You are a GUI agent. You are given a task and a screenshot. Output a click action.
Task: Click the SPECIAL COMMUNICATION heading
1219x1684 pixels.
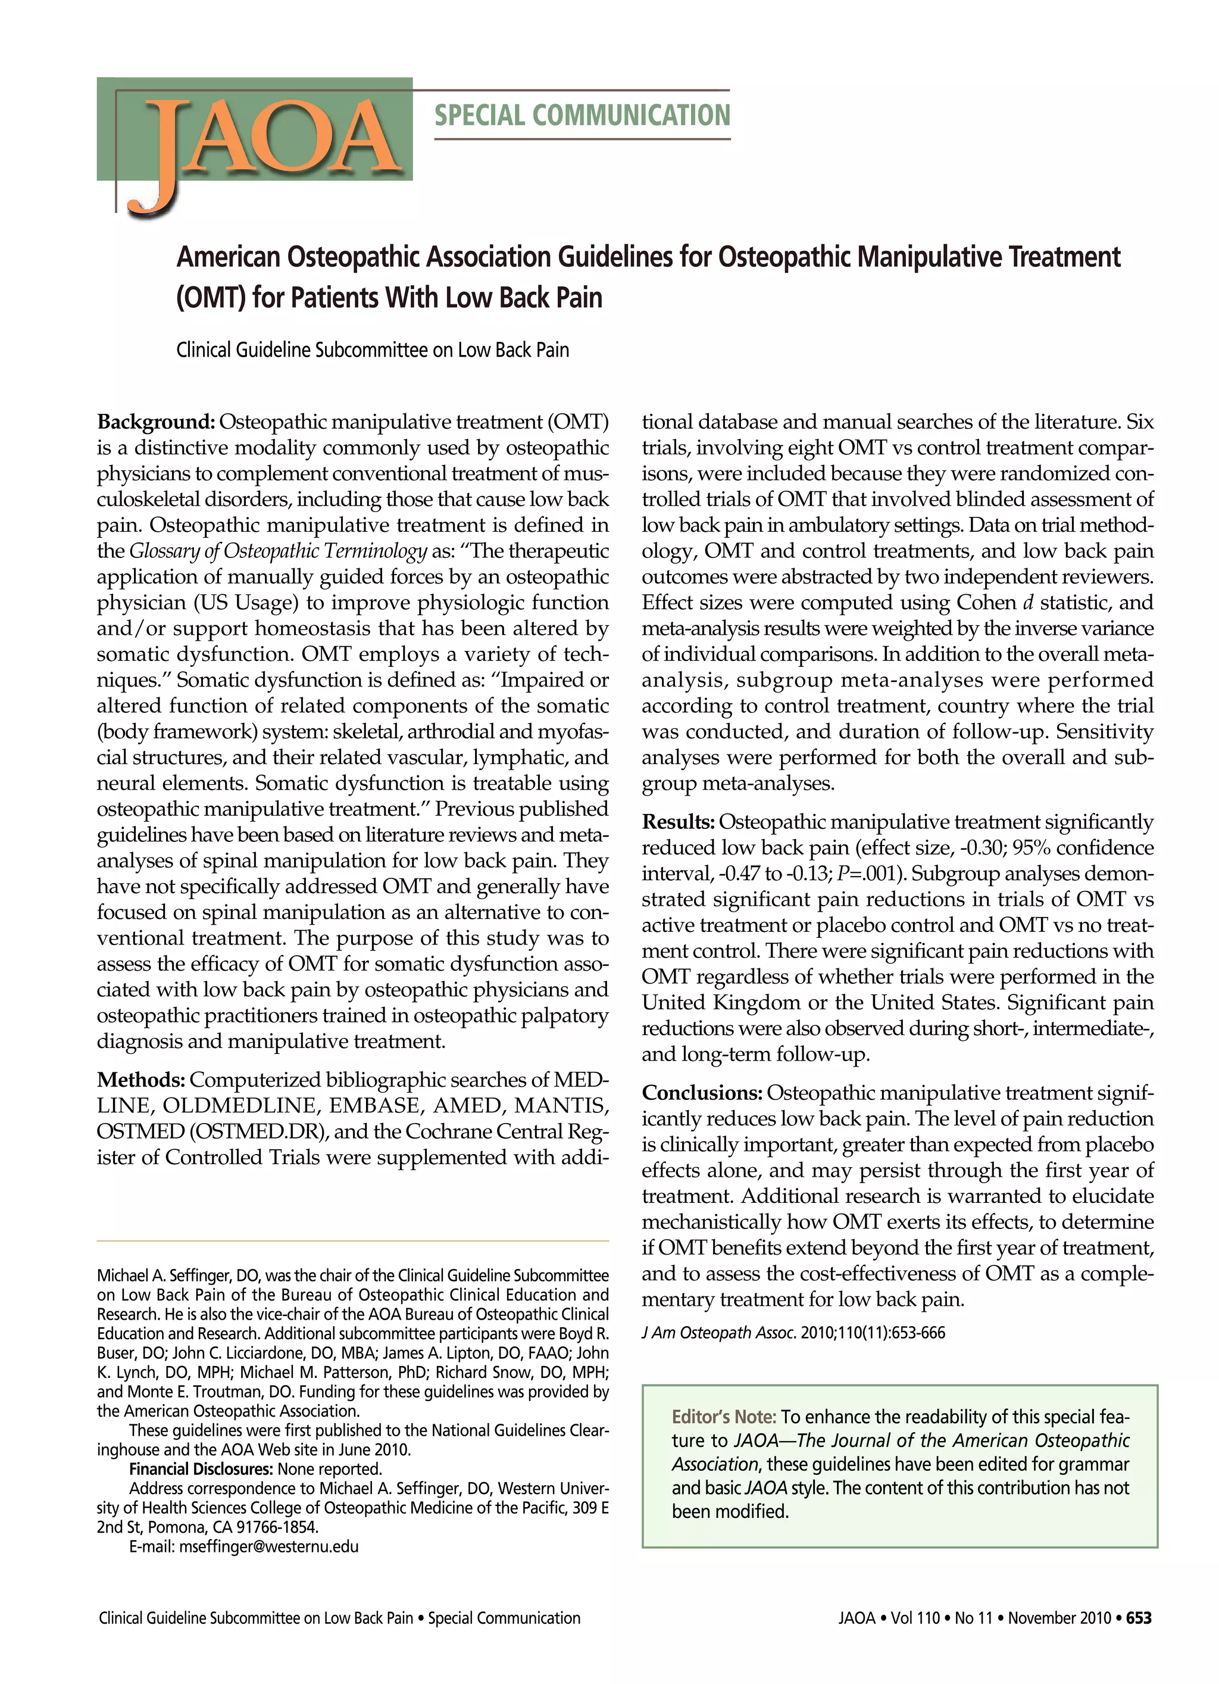pyautogui.click(x=582, y=115)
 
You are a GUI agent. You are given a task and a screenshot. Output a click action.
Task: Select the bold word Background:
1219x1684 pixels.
pyautogui.click(x=156, y=422)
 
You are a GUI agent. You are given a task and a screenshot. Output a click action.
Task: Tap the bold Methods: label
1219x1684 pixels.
pyautogui.click(x=141, y=1080)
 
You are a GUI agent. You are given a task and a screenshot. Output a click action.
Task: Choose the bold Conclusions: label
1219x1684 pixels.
pyautogui.click(x=702, y=1093)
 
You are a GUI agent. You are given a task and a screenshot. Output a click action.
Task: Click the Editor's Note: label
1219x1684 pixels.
pyautogui.click(x=724, y=1417)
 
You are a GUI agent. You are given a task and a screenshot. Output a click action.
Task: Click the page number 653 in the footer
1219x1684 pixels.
pyautogui.click(x=1139, y=1618)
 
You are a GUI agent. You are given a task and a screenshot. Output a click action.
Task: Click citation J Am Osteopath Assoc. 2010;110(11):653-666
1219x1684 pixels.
pyautogui.click(x=793, y=1333)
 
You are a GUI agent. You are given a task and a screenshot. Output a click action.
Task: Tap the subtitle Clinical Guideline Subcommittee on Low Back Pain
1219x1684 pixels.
pyautogui.click(x=373, y=350)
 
